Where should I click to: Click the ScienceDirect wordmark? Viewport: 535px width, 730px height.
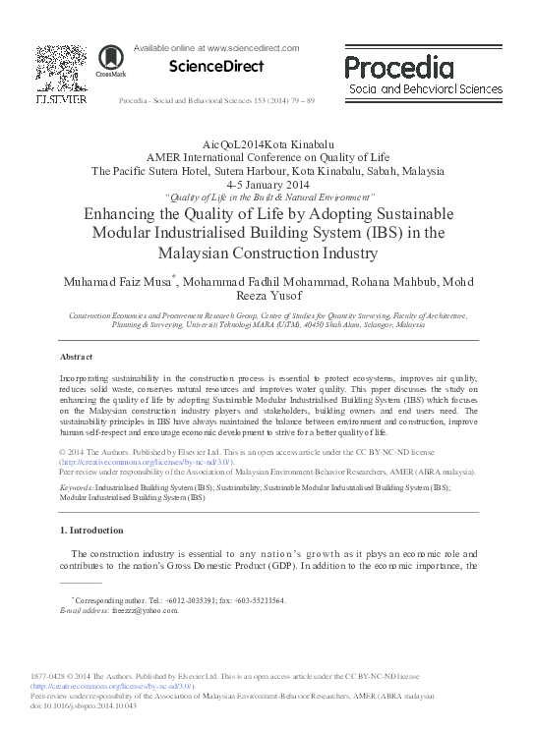[216, 67]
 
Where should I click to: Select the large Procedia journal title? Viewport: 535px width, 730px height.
[399, 66]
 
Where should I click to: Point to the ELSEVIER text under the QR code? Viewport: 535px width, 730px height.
[61, 99]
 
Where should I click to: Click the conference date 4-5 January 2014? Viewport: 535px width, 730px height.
[267, 184]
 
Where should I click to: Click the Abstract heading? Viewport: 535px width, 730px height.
[77, 357]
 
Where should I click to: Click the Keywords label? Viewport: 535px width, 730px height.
[78, 487]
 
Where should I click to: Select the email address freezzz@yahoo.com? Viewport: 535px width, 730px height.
[147, 610]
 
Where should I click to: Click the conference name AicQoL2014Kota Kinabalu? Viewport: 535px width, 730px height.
[267, 143]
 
